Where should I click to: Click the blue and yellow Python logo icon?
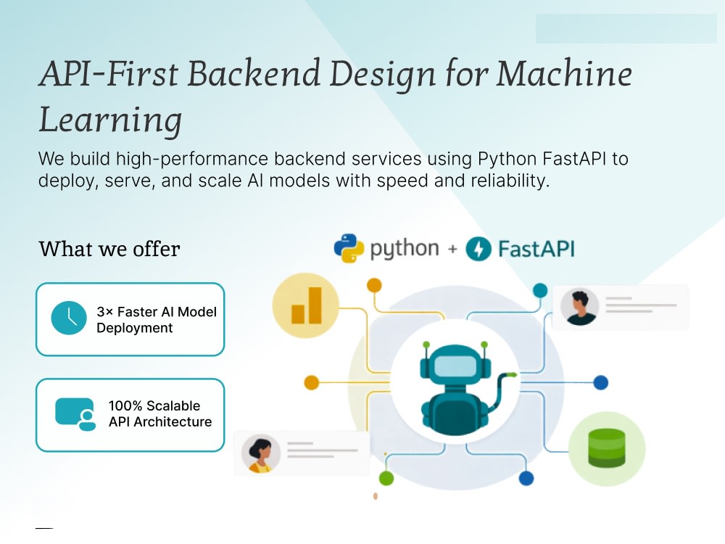[x=348, y=248]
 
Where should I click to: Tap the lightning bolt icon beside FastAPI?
[x=478, y=249]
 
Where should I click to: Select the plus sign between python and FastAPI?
[x=452, y=250]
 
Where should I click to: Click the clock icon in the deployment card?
[x=69, y=318]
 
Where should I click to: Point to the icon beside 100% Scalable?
[x=75, y=414]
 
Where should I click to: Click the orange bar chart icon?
[x=306, y=305]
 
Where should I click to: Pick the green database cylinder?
[x=606, y=448]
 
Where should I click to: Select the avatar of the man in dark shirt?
[x=580, y=307]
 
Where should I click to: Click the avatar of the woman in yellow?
[x=261, y=454]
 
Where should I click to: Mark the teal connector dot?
[x=540, y=291]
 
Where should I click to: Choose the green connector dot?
[x=386, y=478]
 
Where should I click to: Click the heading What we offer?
[x=109, y=249]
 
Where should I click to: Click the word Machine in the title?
[x=564, y=73]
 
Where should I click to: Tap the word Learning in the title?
[x=110, y=120]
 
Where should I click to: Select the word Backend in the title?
[x=254, y=73]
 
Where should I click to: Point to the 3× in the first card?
[x=105, y=312]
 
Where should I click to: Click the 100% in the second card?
[x=125, y=405]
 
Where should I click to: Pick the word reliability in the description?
[x=510, y=181]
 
